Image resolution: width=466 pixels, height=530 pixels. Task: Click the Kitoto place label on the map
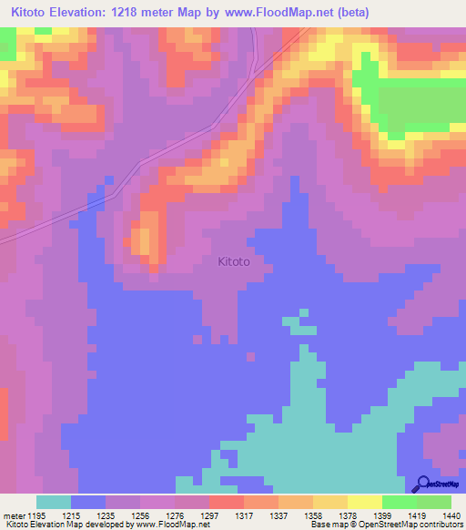(x=234, y=261)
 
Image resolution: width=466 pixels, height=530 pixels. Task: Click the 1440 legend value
(x=450, y=515)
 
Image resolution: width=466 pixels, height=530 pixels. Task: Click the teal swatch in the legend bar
(x=54, y=502)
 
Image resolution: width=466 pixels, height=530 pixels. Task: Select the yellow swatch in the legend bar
(x=365, y=502)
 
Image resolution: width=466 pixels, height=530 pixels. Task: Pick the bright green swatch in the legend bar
(x=400, y=502)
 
